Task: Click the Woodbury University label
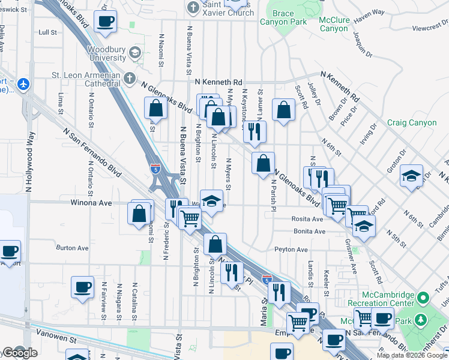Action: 108,53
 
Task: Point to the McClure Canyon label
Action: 334,23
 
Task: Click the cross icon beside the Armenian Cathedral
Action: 130,78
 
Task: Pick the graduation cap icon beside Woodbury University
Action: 136,53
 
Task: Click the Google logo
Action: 19,353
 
